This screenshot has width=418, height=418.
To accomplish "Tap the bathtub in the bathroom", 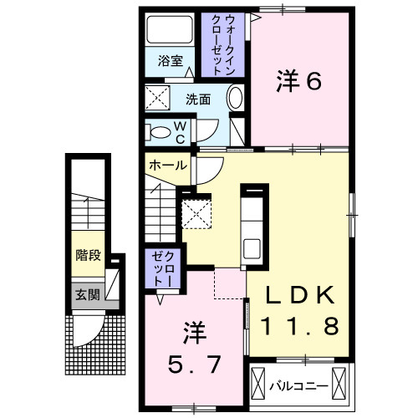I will coord(171,31).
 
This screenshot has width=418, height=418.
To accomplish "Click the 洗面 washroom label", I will coord(198,99).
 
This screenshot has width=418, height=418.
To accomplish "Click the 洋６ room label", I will coord(298,81).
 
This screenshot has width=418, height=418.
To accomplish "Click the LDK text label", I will coord(302,295).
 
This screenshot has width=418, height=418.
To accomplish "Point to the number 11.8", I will coord(302,326).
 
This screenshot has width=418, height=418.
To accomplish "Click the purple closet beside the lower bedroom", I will coord(161,270).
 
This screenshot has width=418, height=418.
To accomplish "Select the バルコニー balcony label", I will coord(298,385).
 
